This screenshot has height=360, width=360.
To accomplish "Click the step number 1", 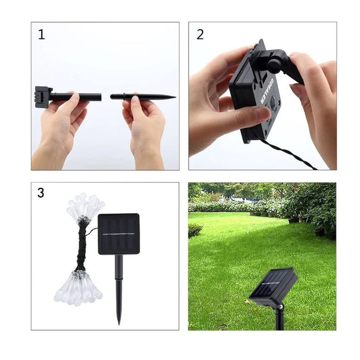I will pos(41,35).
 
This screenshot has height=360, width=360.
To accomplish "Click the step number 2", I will pos(200,35).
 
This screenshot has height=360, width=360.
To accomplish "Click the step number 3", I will pos(41,193).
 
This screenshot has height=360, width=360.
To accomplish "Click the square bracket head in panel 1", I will pos(43,97).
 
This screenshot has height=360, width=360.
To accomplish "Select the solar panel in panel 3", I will pos(118,234).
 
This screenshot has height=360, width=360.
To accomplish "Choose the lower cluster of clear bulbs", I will pos(79,287).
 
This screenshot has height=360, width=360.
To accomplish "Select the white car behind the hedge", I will pos(237,198).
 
